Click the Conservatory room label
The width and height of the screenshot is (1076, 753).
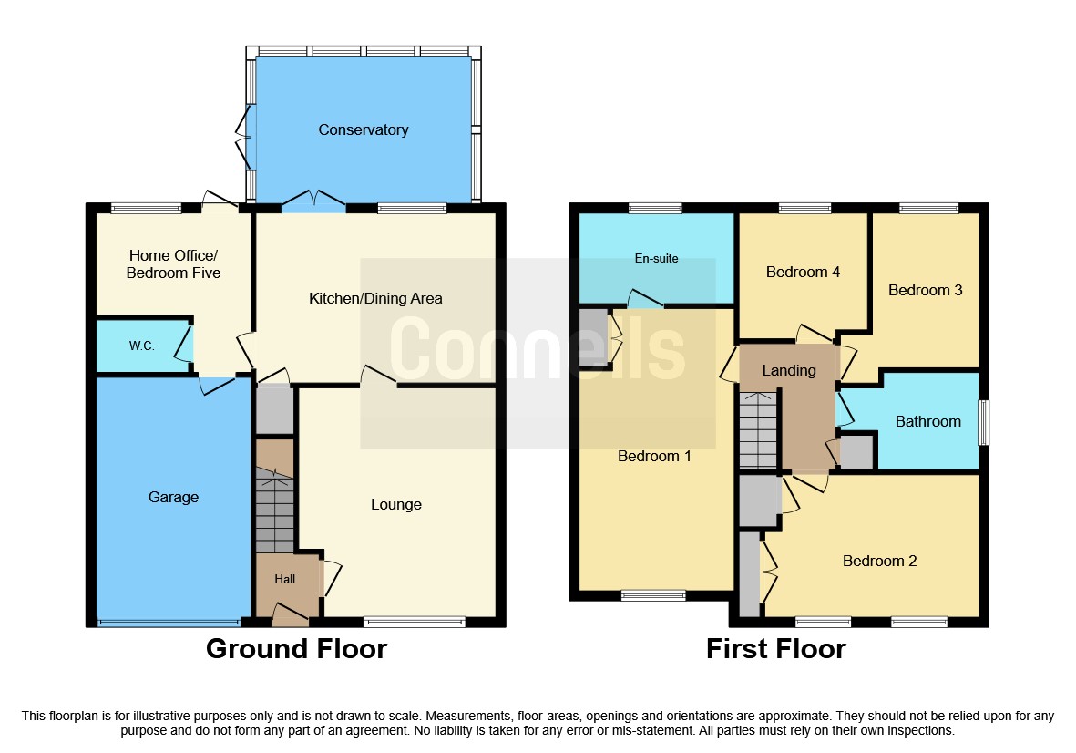tap(363, 130)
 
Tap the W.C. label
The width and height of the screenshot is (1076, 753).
tap(141, 346)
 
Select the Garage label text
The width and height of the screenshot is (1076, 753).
tap(173, 498)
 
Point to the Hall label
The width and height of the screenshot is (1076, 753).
tap(285, 579)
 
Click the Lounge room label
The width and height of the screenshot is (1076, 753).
tap(396, 505)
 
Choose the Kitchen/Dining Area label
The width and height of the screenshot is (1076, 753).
tap(375, 299)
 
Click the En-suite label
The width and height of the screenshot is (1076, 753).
tap(656, 259)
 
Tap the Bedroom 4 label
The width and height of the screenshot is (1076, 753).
tap(803, 273)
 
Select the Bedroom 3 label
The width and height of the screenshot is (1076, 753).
tap(925, 291)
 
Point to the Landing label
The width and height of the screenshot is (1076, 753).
tap(789, 371)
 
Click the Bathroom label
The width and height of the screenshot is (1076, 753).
tap(927, 422)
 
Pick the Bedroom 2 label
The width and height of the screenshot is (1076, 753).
tap(879, 562)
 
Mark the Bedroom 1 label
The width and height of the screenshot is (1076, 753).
tap(654, 457)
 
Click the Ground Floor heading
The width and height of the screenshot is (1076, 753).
tap(296, 649)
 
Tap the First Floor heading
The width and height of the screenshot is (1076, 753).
tap(775, 649)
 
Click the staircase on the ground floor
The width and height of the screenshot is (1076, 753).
tap(274, 511)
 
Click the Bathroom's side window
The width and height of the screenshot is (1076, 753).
tap(983, 422)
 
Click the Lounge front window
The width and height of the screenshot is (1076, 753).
tap(415, 623)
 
